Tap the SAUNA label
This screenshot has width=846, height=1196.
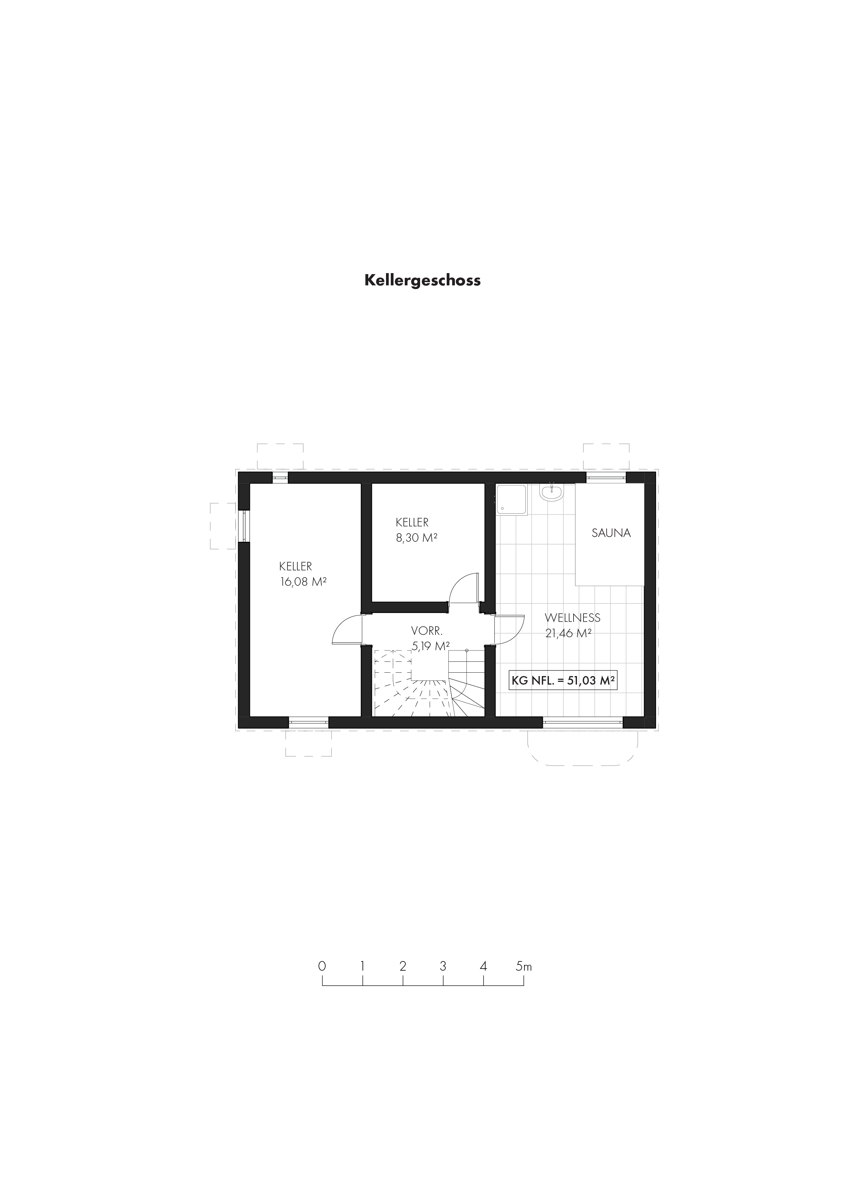click(x=611, y=533)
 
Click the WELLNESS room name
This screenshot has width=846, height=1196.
click(x=573, y=618)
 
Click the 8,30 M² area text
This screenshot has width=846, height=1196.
click(x=416, y=538)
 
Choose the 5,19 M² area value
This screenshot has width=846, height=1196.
click(x=431, y=646)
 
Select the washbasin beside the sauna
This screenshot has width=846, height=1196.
click(x=551, y=493)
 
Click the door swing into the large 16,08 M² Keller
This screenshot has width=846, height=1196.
click(x=346, y=630)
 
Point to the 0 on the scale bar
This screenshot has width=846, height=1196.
click(x=322, y=966)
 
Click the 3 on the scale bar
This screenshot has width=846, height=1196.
click(x=443, y=966)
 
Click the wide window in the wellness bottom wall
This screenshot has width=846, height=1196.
click(x=583, y=722)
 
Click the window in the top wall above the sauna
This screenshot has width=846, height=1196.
click(x=606, y=477)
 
